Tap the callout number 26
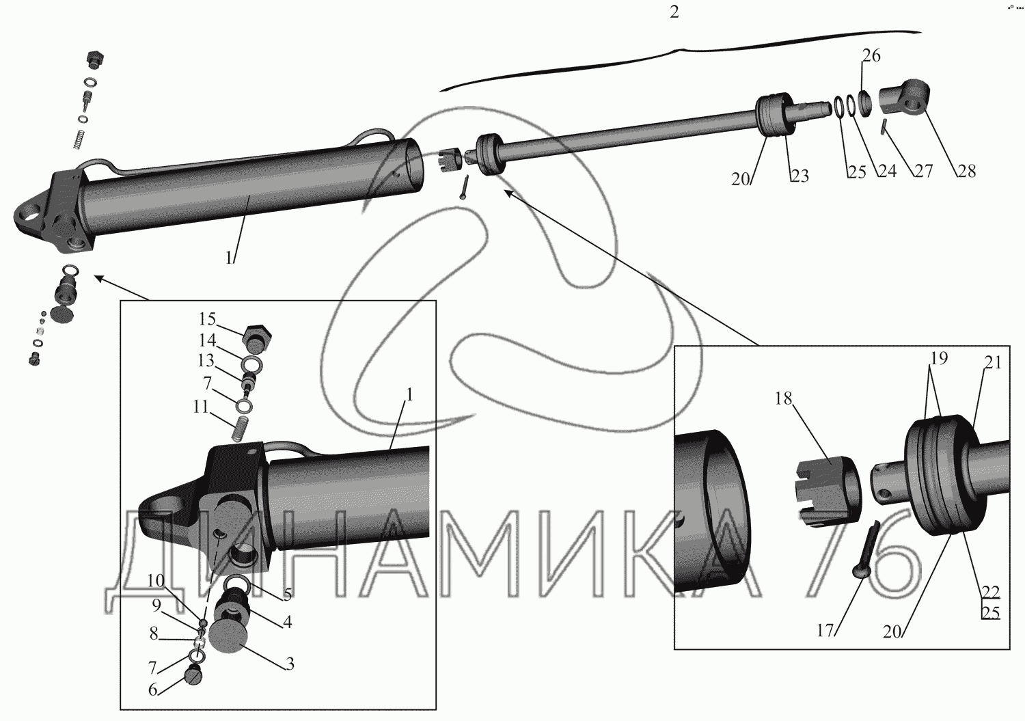tap(871, 55)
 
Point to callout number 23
tap(799, 176)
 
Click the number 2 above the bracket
tap(674, 13)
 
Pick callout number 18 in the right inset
tap(783, 399)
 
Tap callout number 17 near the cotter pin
tap(826, 631)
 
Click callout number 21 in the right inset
tap(992, 364)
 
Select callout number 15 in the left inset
tap(207, 318)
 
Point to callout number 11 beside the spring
tap(200, 407)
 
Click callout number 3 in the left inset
tap(290, 663)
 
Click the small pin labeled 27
tap(884, 126)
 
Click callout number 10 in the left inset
tap(156, 581)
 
